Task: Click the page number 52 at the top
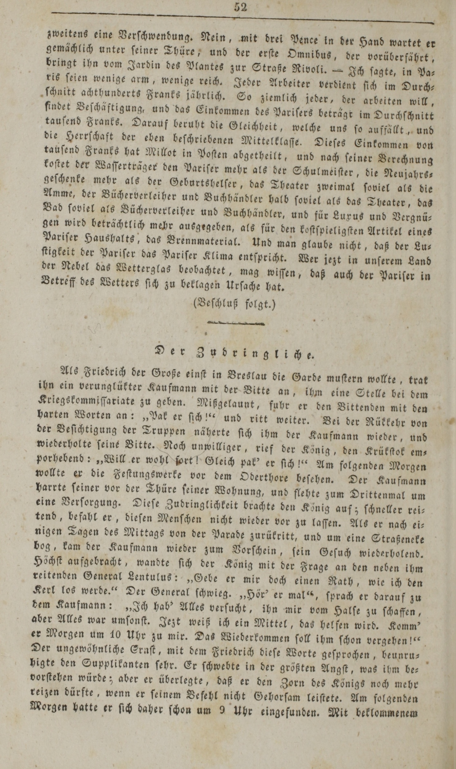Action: click(240, 7)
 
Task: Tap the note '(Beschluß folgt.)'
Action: click(235, 303)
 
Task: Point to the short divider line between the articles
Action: click(236, 323)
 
